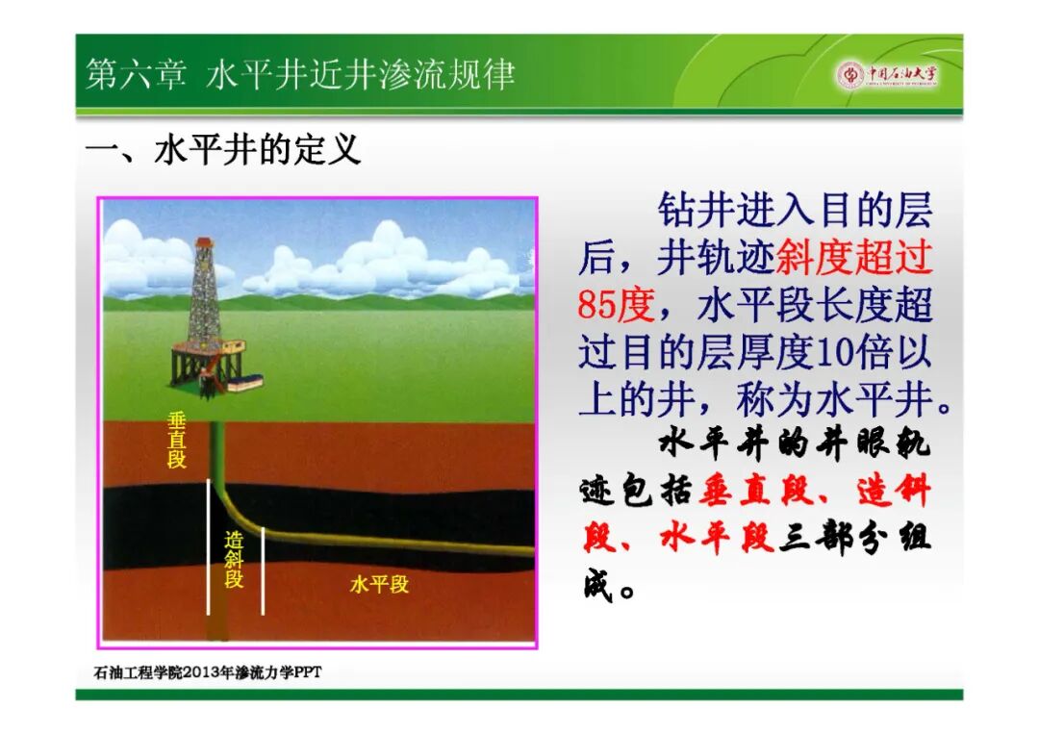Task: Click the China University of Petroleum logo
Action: click(x=887, y=74)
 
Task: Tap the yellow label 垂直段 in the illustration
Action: click(x=176, y=440)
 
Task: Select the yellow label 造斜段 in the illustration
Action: click(x=234, y=561)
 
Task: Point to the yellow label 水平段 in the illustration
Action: click(x=379, y=584)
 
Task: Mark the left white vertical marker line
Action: click(x=209, y=547)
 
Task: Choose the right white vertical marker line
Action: click(x=263, y=571)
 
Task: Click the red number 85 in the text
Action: click(x=596, y=305)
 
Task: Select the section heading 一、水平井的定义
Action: click(x=223, y=149)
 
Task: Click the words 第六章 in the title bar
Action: click(x=136, y=74)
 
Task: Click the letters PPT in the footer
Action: click(x=308, y=672)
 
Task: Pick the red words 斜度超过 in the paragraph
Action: click(x=854, y=258)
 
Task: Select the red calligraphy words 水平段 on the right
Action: click(x=716, y=537)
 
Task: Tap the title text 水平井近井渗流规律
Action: click(x=360, y=74)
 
